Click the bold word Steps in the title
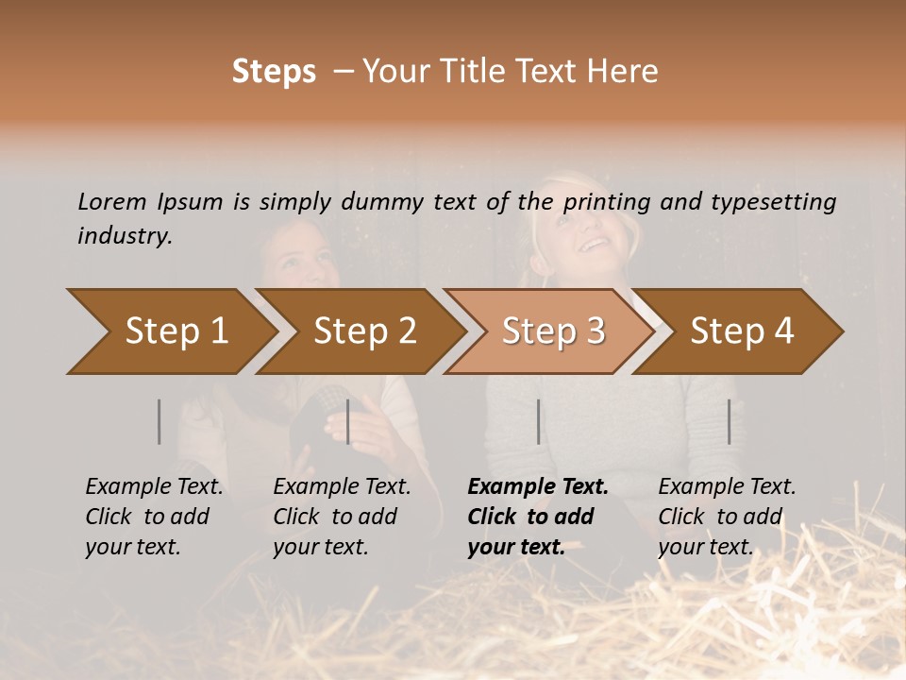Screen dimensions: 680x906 click(x=274, y=72)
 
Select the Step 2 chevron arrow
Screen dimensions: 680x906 click(x=364, y=331)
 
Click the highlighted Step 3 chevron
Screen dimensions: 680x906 click(x=553, y=331)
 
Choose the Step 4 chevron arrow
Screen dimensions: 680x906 click(x=742, y=331)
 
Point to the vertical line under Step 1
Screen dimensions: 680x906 click(x=159, y=421)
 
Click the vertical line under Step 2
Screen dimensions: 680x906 click(x=348, y=421)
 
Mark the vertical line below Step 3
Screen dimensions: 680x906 click(x=538, y=421)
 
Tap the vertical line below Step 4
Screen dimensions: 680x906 click(x=729, y=421)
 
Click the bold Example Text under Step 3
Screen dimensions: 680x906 click(x=538, y=487)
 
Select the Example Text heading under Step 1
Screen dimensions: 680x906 click(x=154, y=487)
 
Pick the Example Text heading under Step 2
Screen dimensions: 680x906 click(x=342, y=487)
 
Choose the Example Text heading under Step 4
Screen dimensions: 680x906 click(x=727, y=487)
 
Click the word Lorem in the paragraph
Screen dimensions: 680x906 click(x=111, y=201)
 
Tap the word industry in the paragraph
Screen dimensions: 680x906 click(x=124, y=236)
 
